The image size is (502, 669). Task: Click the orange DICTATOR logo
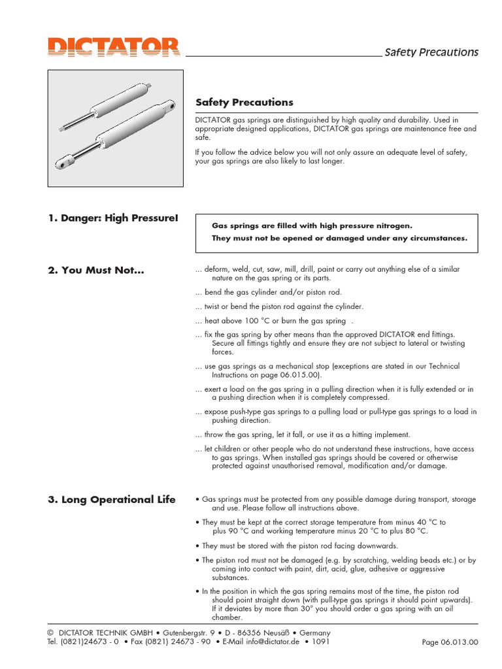tap(112, 48)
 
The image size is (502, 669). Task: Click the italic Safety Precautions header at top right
tap(431, 52)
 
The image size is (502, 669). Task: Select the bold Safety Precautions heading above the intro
tap(244, 103)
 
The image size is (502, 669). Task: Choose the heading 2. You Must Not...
tap(95, 270)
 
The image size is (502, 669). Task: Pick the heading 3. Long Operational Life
tap(112, 500)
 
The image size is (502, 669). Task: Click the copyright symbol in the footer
tap(50, 633)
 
